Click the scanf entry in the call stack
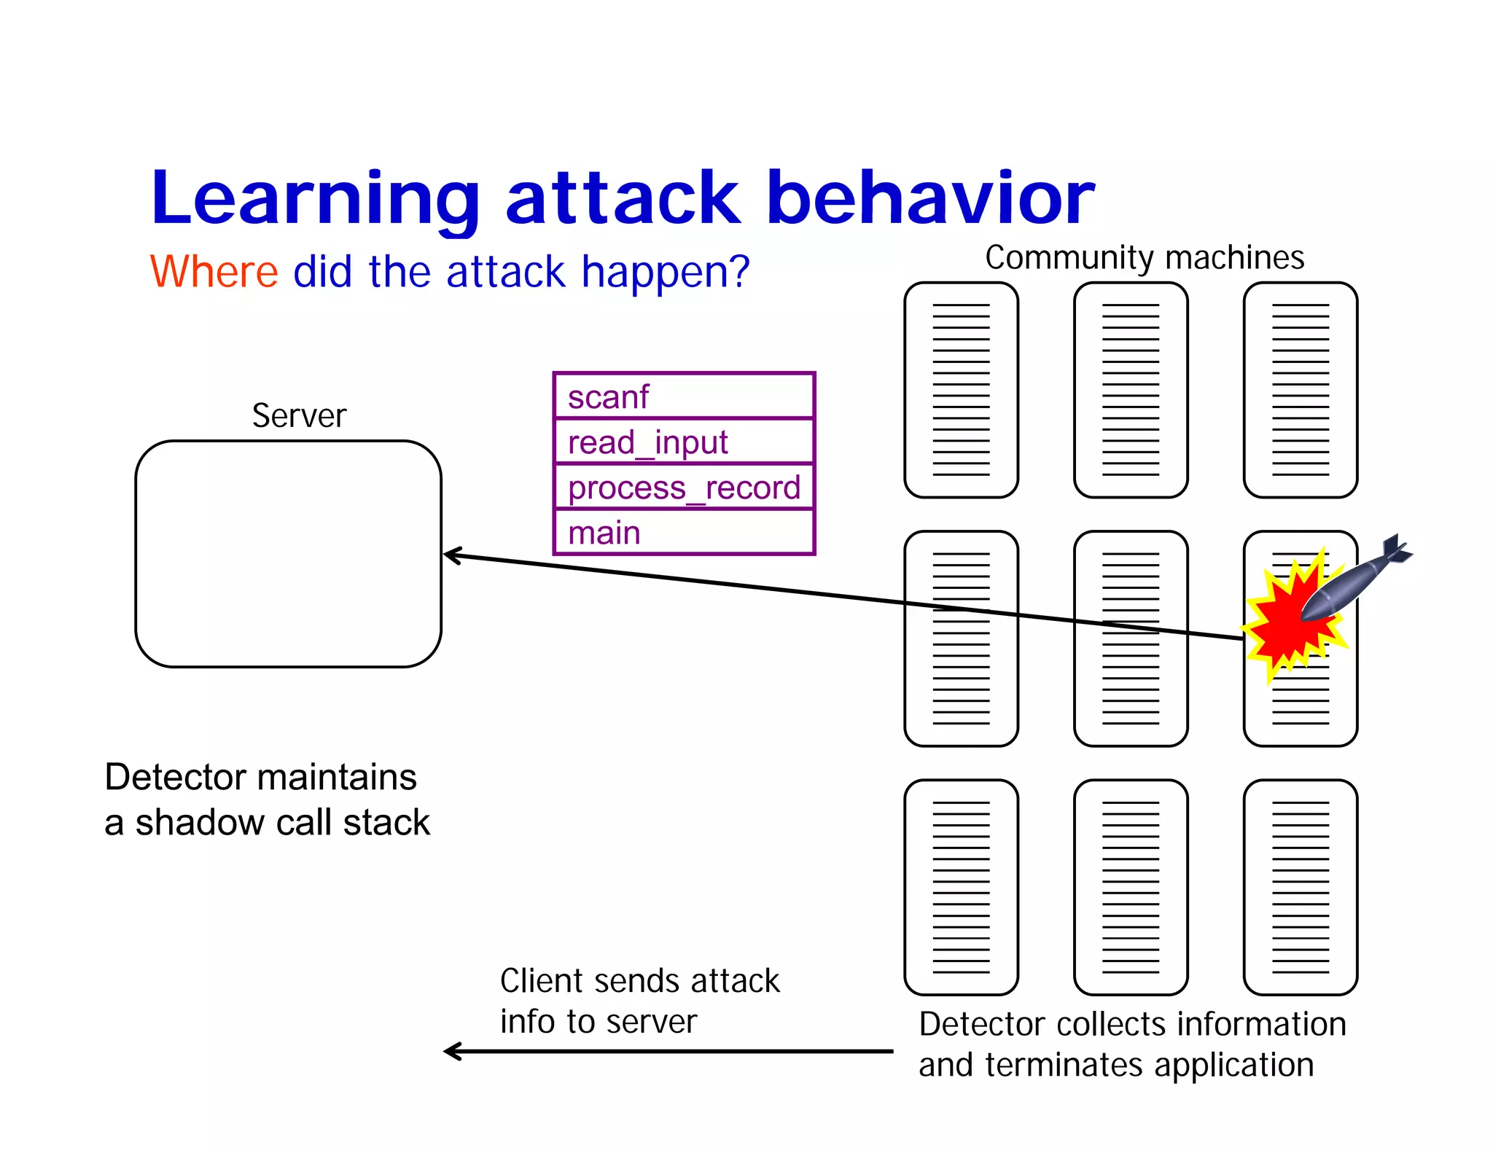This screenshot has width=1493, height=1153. [x=683, y=396]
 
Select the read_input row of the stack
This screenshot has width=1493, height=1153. [x=683, y=442]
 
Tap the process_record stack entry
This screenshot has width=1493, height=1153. [x=683, y=487]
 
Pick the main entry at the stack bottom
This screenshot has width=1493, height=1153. [x=683, y=532]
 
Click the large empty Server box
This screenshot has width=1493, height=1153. [x=288, y=554]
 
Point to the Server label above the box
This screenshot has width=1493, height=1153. [x=299, y=416]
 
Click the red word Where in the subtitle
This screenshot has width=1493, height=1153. [x=214, y=272]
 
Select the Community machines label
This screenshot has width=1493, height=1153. [x=1144, y=257]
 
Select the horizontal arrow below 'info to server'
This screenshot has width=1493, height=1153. [x=667, y=1051]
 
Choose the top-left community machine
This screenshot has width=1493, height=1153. [x=961, y=390]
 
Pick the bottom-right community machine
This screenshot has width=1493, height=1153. [x=1300, y=887]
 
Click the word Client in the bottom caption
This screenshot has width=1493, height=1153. [x=541, y=981]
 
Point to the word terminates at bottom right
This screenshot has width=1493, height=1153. [x=1064, y=1065]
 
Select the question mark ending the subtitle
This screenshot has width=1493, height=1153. [x=740, y=272]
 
